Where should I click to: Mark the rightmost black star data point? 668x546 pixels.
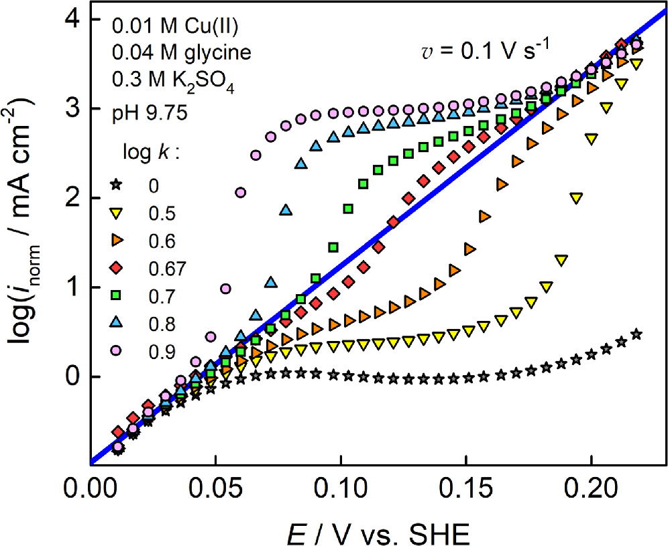(636, 334)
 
